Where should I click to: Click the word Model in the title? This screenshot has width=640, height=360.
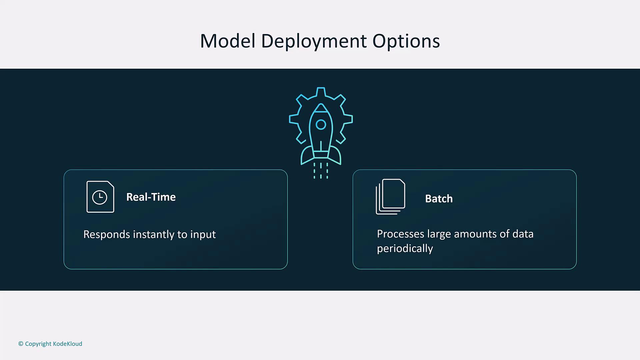click(228, 41)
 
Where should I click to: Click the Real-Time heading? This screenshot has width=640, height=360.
click(151, 197)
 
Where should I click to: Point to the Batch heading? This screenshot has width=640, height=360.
click(439, 199)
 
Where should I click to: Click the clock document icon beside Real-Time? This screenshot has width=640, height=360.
click(100, 197)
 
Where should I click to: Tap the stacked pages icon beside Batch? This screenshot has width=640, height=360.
click(390, 197)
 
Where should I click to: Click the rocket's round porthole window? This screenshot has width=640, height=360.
click(321, 125)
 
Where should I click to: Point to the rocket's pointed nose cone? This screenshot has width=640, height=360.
click(321, 108)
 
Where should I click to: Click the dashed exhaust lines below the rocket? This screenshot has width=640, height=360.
click(321, 171)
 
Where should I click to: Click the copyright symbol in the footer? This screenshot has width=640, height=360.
click(21, 344)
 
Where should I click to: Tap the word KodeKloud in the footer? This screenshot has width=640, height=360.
click(67, 344)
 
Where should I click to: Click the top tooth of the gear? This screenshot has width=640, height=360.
click(321, 92)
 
